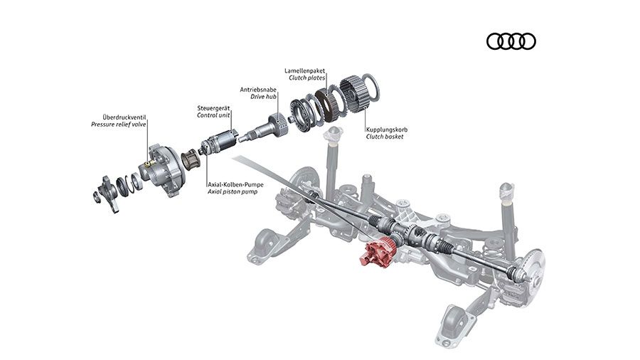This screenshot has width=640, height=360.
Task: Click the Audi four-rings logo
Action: (511, 42)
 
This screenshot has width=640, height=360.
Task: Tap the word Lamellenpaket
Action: (304, 71)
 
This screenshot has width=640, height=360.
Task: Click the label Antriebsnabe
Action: (259, 90)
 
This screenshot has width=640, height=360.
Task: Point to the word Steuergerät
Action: (213, 107)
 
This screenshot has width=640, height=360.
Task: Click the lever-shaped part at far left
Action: (107, 191)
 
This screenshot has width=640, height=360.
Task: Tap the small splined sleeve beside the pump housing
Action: (190, 160)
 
